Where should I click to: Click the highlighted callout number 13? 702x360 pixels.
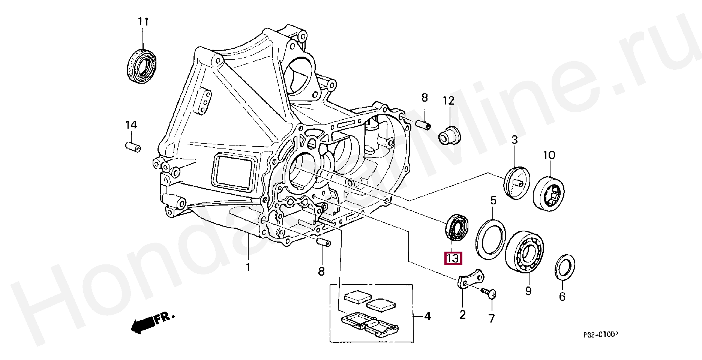[453, 258]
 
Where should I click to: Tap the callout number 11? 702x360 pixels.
[143, 22]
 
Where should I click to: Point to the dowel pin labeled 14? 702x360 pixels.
[133, 147]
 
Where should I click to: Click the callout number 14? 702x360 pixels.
[131, 125]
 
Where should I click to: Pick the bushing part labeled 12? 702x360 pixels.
[449, 135]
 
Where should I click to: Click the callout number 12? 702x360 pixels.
[448, 100]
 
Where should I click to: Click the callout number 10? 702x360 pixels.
[549, 155]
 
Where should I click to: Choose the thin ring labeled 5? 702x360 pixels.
[490, 240]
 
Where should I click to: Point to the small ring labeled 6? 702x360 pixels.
[565, 267]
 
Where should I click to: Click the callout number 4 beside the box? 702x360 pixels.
[427, 316]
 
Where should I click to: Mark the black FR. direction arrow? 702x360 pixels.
[142, 325]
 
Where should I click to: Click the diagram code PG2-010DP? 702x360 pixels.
[600, 334]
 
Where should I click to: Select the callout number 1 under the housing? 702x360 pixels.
[248, 267]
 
